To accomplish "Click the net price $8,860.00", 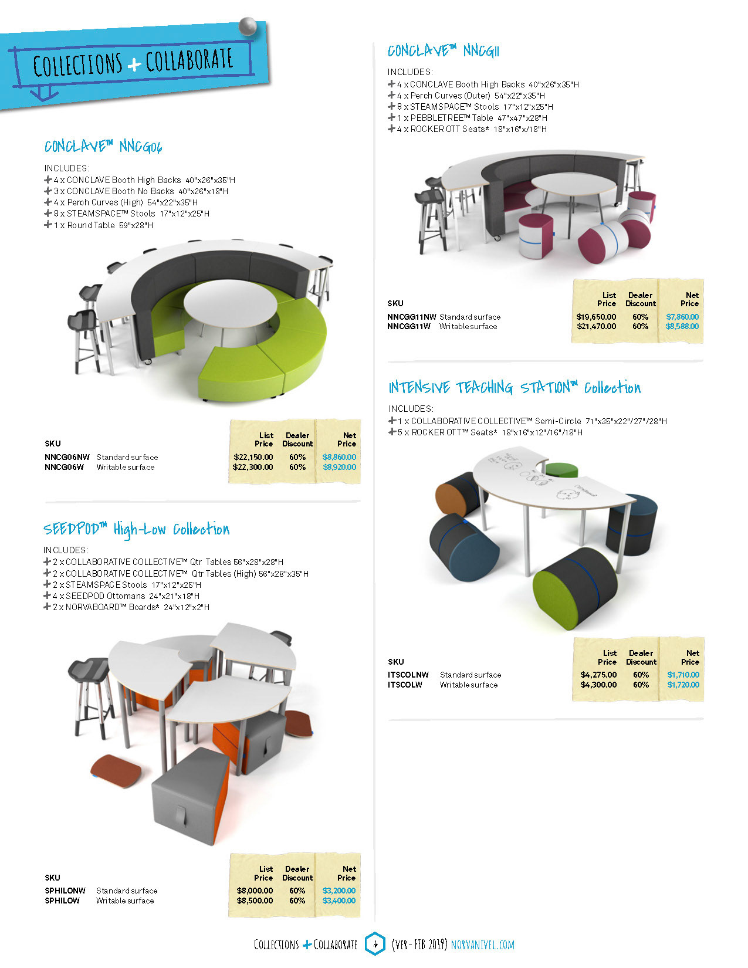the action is click(x=339, y=457).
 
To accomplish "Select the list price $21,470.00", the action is click(x=596, y=326).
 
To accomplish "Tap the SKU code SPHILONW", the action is click(x=65, y=891).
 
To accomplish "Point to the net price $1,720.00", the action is click(x=683, y=685).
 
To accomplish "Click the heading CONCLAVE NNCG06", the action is click(x=103, y=146).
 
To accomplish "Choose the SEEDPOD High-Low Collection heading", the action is click(x=136, y=529).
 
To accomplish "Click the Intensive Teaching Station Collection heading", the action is click(x=514, y=388).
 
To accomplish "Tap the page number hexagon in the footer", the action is click(x=375, y=944).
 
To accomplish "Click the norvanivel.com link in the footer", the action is click(x=482, y=945).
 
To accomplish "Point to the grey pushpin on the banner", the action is click(x=248, y=26).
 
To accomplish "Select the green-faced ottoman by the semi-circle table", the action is click(x=575, y=590).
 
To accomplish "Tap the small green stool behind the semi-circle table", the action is click(x=561, y=469).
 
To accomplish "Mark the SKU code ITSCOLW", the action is click(x=405, y=685).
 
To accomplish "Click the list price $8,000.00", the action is click(x=255, y=891).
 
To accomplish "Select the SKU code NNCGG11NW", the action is click(x=411, y=317).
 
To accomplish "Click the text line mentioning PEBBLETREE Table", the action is click(x=472, y=118).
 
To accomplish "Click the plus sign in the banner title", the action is click(x=134, y=64).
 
